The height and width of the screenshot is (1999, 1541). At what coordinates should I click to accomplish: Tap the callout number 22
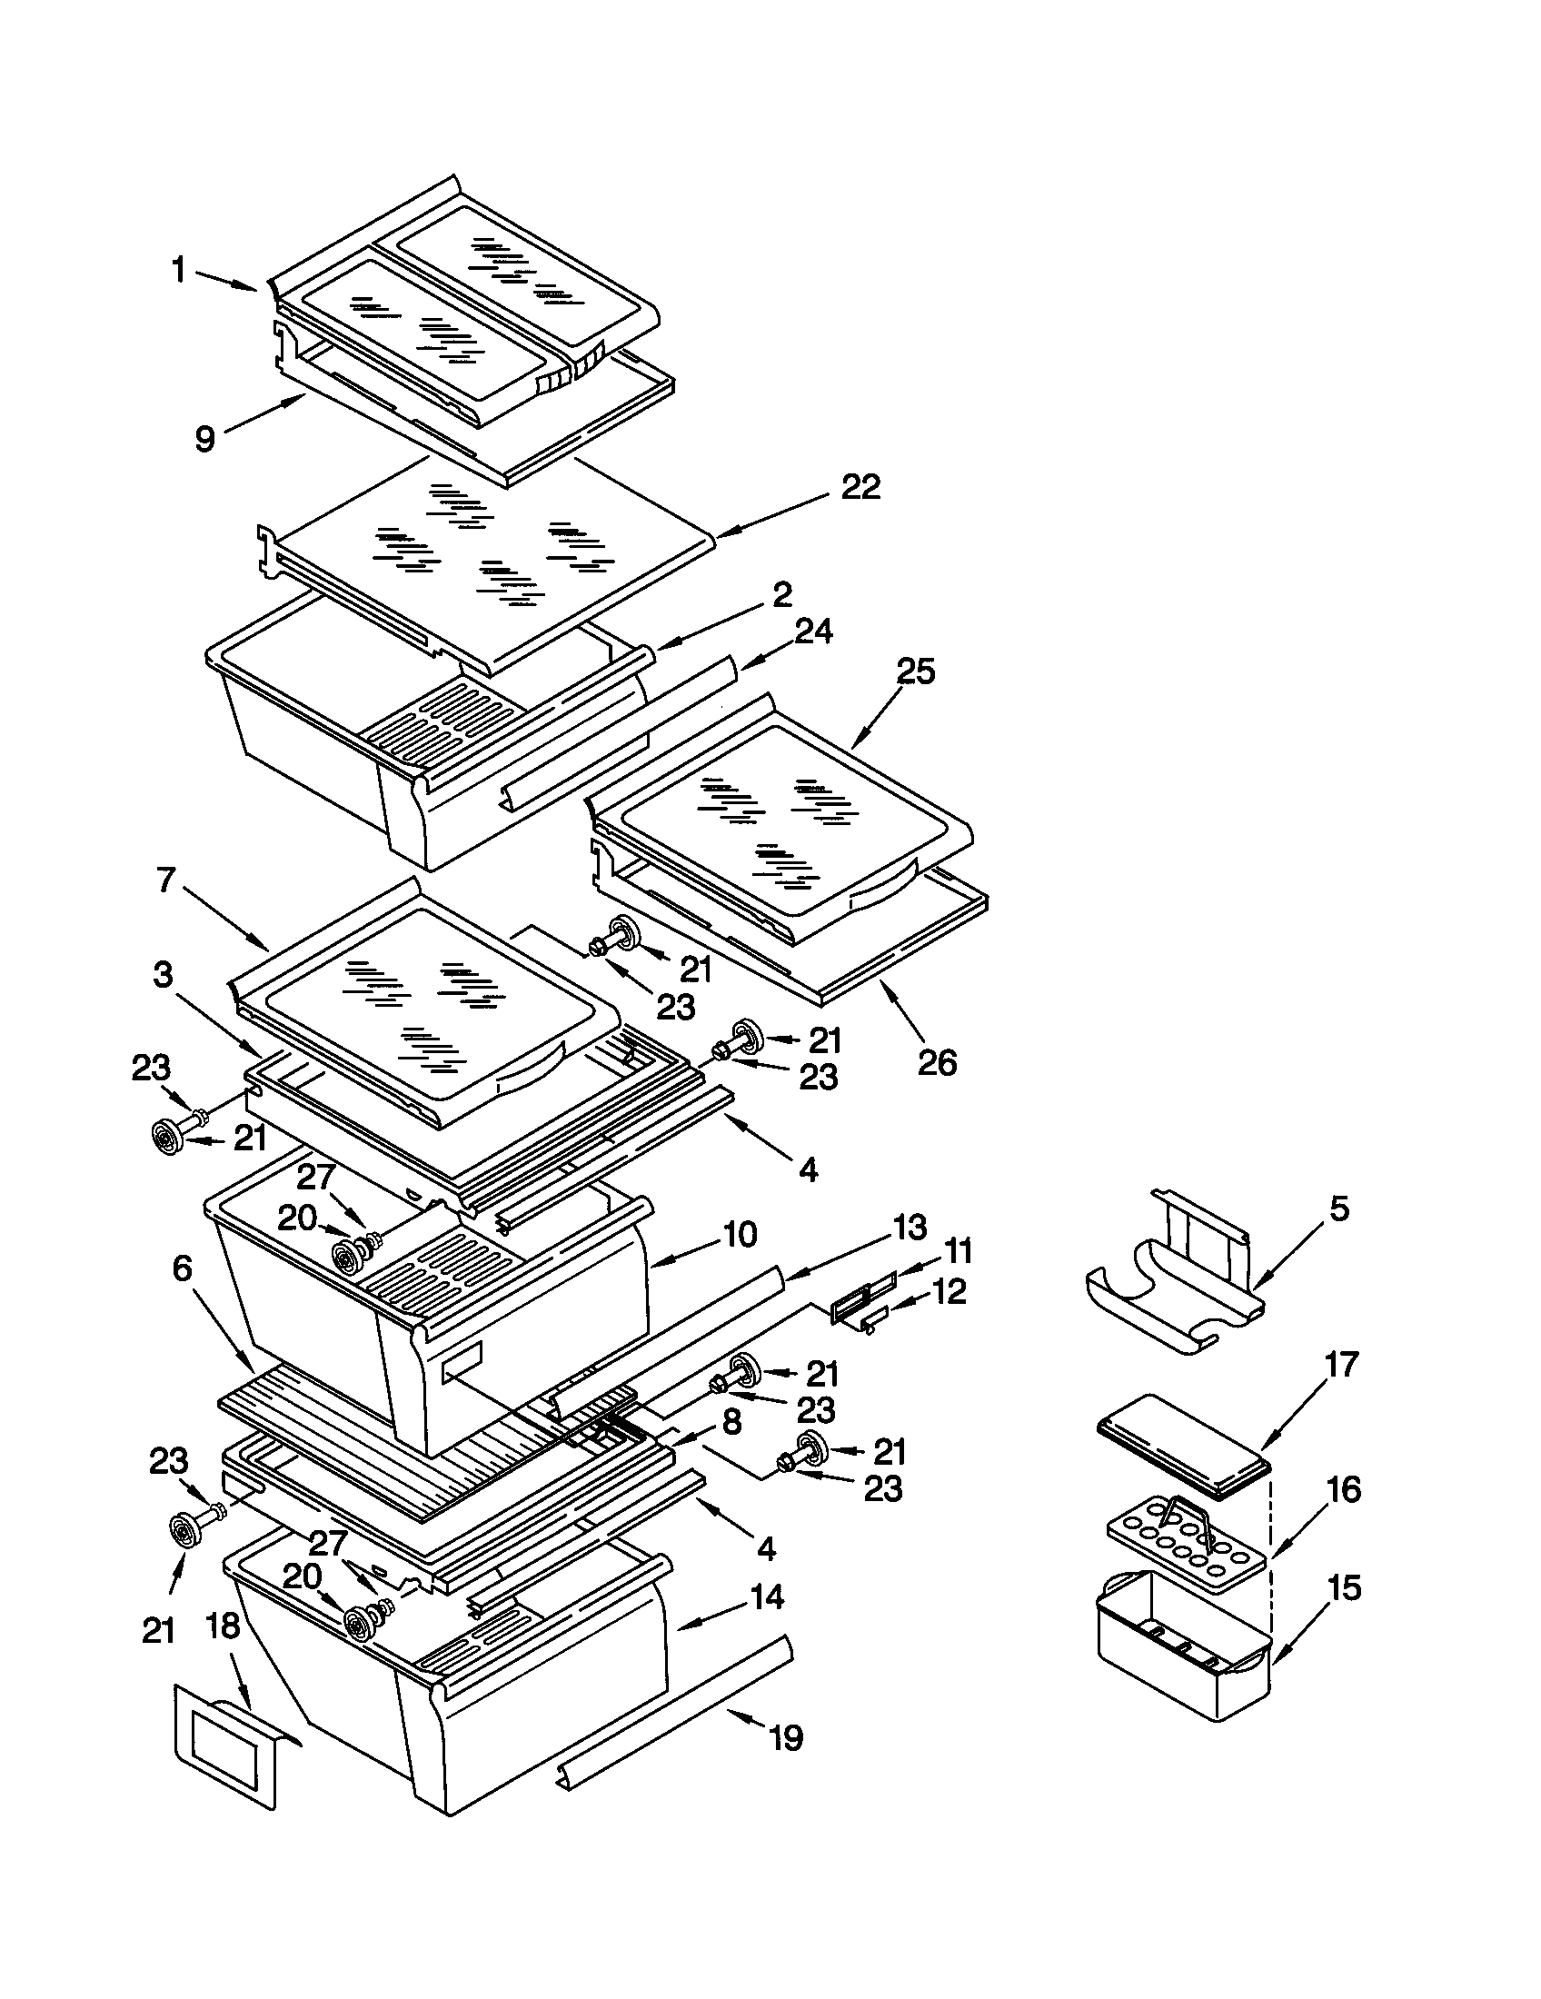860,487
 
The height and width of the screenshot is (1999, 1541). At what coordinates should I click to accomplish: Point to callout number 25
915,671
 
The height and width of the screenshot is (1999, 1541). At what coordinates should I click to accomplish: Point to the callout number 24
813,632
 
